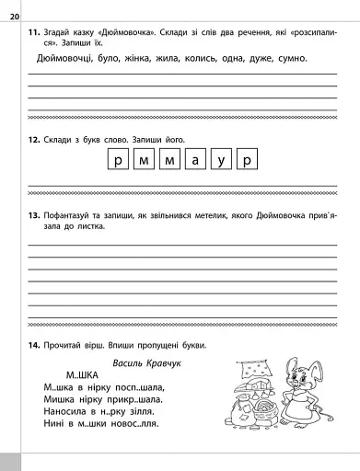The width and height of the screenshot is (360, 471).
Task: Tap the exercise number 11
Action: click(33, 33)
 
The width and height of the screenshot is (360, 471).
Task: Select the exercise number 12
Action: click(33, 140)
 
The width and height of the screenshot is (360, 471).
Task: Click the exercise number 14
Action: click(33, 345)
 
